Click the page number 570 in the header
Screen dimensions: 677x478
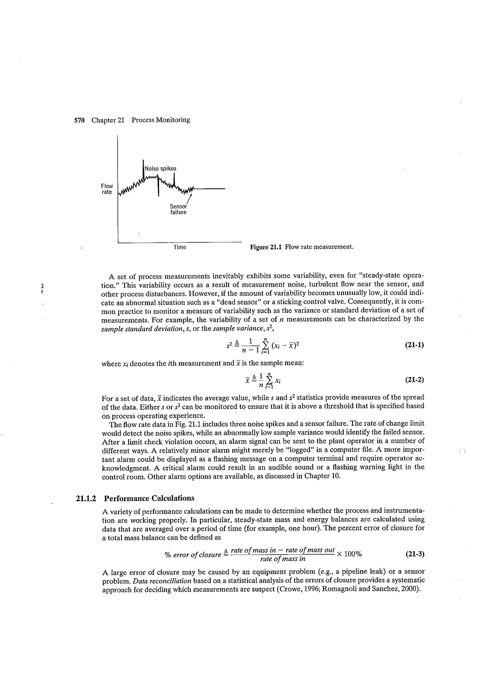tap(79, 120)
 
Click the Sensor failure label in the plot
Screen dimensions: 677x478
tap(178, 209)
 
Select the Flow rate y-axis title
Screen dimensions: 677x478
tap(107, 189)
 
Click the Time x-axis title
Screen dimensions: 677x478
tap(180, 247)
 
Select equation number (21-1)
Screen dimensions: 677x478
tap(414, 345)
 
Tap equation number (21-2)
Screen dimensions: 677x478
tap(414, 380)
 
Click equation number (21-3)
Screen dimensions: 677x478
tap(414, 554)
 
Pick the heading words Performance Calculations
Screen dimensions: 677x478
tap(149, 498)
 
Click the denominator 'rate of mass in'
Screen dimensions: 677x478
tap(283, 559)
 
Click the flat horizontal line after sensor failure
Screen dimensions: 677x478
tap(211, 189)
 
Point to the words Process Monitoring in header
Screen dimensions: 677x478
tap(161, 120)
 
